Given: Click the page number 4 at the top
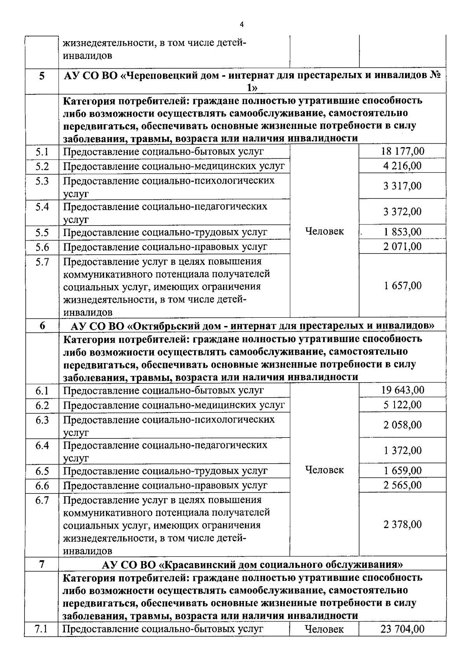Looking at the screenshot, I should click(x=242, y=25).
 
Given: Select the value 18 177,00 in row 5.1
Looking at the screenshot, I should click(x=402, y=151).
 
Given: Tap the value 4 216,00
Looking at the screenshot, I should click(x=402, y=166).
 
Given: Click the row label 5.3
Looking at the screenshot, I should click(x=42, y=181).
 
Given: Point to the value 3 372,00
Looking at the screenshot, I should click(x=402, y=212).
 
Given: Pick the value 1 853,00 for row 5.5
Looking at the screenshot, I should click(x=402, y=232).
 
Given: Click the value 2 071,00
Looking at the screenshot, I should click(x=402, y=247).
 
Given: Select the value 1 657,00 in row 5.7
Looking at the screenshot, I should click(x=402, y=286).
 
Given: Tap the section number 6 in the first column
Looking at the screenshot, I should click(x=42, y=326).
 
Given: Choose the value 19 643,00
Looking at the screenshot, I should click(x=402, y=390).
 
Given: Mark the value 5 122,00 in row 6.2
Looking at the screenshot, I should click(x=402, y=405).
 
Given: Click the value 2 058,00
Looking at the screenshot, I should click(x=402, y=425).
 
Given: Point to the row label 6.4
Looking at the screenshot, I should click(x=42, y=445).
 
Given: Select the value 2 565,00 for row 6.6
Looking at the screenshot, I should click(x=402, y=485).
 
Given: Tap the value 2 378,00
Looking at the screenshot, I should click(x=402, y=525).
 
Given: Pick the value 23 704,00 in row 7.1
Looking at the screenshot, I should click(x=402, y=629).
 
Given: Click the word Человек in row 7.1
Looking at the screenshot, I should click(x=324, y=629).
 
